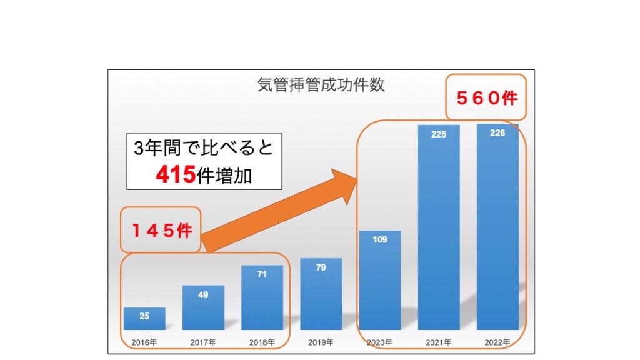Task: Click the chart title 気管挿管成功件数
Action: (x=321, y=85)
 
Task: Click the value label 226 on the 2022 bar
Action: (x=497, y=133)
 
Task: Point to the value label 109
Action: (x=380, y=239)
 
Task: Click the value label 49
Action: (x=203, y=294)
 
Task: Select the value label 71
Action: (x=262, y=274)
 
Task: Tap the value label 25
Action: (x=144, y=316)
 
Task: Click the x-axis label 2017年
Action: (x=203, y=342)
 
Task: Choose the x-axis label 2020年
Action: (x=379, y=342)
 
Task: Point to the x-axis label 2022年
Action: (x=497, y=342)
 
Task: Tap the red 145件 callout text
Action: (x=161, y=231)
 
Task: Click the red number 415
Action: (x=176, y=175)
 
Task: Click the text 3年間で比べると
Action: (x=204, y=149)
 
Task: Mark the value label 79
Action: (x=321, y=267)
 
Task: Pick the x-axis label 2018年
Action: (x=262, y=342)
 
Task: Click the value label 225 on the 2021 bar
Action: (x=439, y=134)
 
